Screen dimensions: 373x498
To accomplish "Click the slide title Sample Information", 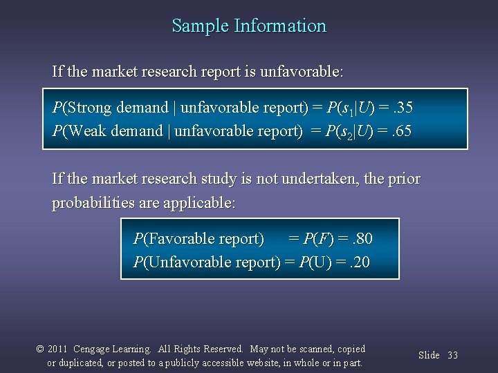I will (x=249, y=26).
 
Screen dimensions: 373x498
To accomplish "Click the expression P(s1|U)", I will (x=348, y=108).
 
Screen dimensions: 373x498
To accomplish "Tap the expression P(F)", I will (x=318, y=239).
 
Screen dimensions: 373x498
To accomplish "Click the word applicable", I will (x=200, y=204).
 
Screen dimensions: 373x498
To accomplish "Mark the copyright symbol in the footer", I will (x=39, y=350).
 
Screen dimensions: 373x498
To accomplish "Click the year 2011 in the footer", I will (x=57, y=350).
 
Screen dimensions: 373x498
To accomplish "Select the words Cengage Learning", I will (x=111, y=350).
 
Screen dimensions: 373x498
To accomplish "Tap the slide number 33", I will (x=452, y=355).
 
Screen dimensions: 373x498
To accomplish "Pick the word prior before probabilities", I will (x=405, y=179).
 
